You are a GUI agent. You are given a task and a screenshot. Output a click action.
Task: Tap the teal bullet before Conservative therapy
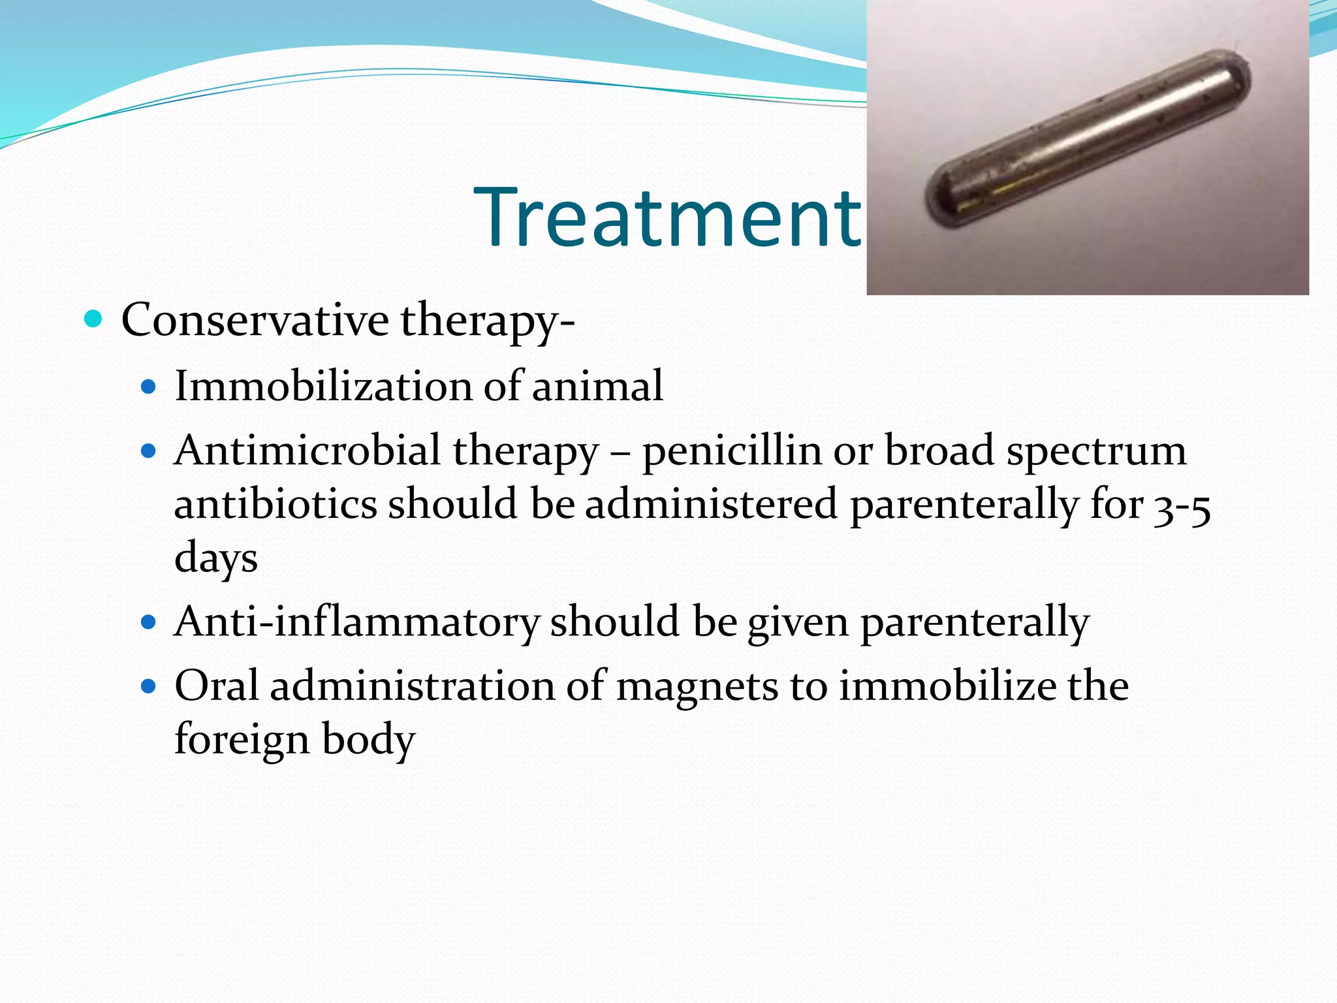pos(94,319)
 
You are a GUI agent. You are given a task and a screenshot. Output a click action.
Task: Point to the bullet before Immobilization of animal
pos(149,387)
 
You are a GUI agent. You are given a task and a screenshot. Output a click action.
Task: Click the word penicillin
pos(732,452)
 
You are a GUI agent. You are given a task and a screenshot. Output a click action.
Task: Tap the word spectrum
pos(1096,452)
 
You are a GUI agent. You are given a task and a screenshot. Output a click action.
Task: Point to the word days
pos(216,558)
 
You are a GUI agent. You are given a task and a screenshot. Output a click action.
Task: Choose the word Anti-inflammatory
pos(356,622)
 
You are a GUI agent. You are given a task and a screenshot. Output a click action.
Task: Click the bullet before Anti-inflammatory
pos(149,622)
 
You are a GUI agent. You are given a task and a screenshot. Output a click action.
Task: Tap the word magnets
pos(697,687)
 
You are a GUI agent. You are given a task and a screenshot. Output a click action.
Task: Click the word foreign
pos(242,740)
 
